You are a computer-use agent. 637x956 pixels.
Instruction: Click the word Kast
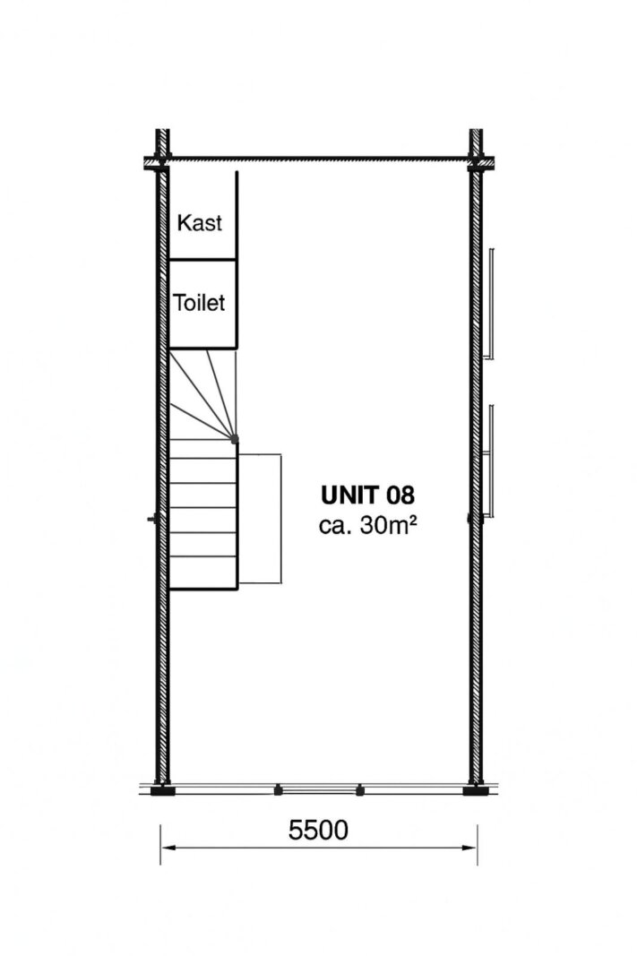199,222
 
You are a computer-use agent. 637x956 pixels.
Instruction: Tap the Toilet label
199,303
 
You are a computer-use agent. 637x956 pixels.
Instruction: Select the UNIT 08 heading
367,495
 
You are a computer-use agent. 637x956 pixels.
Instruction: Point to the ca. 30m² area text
367,525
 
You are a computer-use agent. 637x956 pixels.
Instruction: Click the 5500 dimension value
318,830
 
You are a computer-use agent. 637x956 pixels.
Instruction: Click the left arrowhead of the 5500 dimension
168,848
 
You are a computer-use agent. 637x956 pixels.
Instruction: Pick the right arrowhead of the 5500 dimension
470,848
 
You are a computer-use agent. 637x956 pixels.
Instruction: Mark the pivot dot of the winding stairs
236,439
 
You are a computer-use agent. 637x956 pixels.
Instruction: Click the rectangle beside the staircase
260,518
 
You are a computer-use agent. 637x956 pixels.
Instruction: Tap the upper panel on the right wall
491,303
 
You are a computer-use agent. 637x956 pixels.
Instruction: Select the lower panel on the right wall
491,461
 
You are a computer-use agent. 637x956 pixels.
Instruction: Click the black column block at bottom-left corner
162,791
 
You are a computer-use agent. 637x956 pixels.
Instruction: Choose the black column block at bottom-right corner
476,791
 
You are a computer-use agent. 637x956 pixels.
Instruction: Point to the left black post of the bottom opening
278,790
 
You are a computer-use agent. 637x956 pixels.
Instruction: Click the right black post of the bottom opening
359,790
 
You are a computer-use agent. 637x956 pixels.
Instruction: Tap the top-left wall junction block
158,162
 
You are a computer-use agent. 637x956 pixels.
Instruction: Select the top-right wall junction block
481,162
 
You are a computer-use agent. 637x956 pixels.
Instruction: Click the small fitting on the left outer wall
152,519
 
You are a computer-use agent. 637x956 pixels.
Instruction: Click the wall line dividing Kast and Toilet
202,260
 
